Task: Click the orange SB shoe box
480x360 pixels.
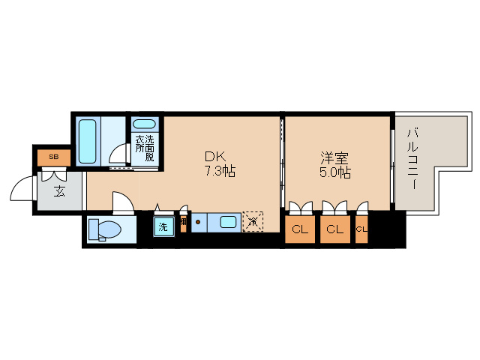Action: [x=53, y=157]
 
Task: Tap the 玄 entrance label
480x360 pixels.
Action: [x=59, y=191]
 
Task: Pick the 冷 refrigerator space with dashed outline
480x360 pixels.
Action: [x=253, y=221]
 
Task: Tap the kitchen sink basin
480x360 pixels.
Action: [x=228, y=221]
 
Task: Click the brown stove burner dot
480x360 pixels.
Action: [x=198, y=221]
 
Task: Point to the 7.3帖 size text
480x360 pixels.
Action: [x=220, y=172]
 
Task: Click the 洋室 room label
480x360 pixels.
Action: [x=334, y=157]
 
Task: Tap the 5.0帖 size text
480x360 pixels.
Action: [x=334, y=172]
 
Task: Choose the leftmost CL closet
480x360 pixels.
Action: [x=300, y=229]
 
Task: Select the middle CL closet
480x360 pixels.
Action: [x=334, y=229]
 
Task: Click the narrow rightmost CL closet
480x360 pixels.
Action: [x=361, y=229]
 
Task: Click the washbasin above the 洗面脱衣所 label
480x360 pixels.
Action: [x=144, y=124]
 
